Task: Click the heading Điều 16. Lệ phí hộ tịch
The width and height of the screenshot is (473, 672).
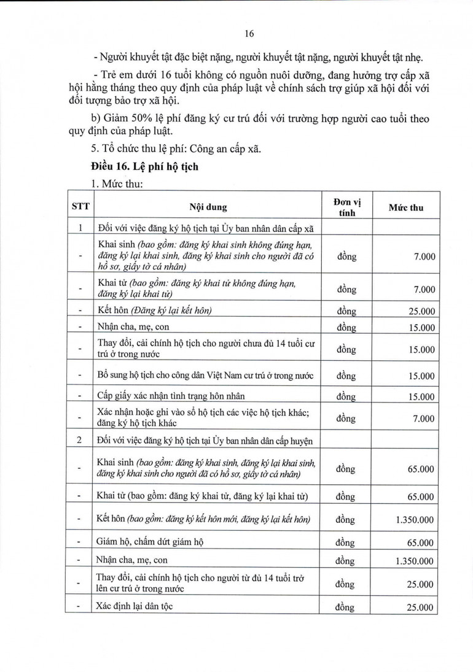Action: (x=144, y=167)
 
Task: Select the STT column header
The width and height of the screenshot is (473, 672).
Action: (x=80, y=207)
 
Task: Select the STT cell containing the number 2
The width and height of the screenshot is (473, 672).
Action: (x=80, y=441)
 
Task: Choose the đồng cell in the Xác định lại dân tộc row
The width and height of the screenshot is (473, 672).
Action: (x=346, y=608)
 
